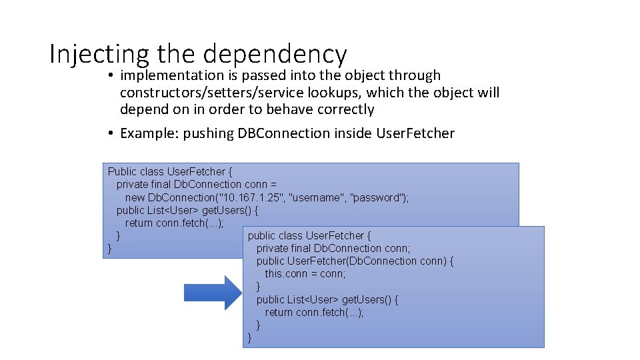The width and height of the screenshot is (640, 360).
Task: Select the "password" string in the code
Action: pyautogui.click(x=379, y=197)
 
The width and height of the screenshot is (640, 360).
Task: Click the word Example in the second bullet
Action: pyautogui.click(x=144, y=133)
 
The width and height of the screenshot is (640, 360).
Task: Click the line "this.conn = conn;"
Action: pyautogui.click(x=305, y=274)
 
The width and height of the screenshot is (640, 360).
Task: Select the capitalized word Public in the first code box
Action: pyautogui.click(x=123, y=172)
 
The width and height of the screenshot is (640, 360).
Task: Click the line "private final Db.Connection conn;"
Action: pyautogui.click(x=333, y=249)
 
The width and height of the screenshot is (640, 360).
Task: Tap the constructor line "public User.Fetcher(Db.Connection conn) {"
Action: pyautogui.click(x=355, y=261)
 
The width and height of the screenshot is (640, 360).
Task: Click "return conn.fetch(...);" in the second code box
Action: pyautogui.click(x=314, y=312)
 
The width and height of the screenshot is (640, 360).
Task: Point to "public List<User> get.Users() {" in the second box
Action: pyautogui.click(x=327, y=299)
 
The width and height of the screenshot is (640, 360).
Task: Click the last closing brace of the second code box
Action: pyautogui.click(x=250, y=337)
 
